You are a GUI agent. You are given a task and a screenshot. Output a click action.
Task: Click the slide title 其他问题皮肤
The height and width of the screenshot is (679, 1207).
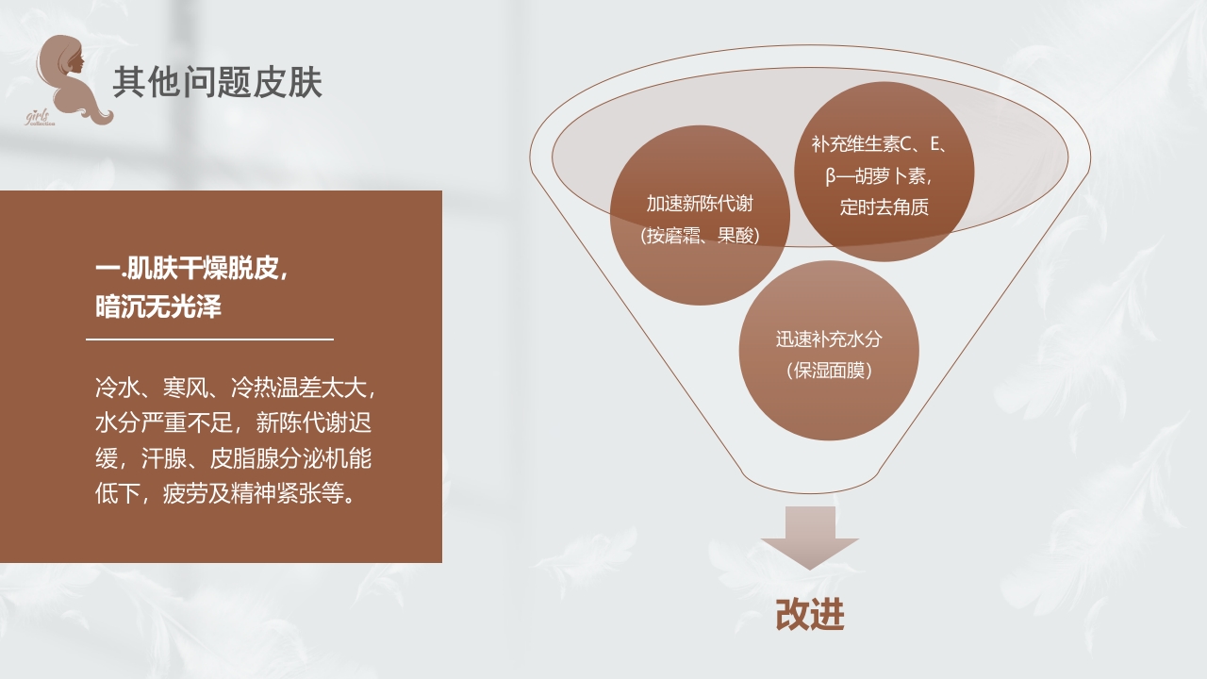218,83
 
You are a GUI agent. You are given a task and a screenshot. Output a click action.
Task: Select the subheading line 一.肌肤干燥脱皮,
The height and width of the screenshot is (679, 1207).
191,269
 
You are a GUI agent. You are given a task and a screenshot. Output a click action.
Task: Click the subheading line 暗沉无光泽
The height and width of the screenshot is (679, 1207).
158,306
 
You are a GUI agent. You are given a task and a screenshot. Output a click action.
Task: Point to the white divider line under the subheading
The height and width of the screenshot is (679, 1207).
209,339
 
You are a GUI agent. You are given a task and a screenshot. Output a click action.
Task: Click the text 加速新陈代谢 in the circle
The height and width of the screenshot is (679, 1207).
700,204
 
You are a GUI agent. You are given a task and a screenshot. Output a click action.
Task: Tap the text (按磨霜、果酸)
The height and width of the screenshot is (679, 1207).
700,236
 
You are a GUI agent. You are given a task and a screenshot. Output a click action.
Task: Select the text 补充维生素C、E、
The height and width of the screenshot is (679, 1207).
879,144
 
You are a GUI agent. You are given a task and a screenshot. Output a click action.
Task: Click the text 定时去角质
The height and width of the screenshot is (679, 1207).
885,207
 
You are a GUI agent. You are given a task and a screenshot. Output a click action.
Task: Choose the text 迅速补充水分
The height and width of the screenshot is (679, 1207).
829,339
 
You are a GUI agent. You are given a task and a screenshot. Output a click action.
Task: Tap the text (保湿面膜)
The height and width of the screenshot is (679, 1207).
829,371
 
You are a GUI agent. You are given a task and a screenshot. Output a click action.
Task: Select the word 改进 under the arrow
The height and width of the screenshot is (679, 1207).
809,615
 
